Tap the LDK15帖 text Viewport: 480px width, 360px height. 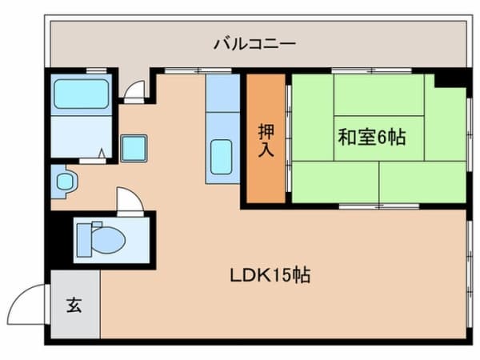coord(268,277)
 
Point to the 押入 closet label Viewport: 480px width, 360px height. coord(265,140)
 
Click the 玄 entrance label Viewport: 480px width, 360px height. coord(74,305)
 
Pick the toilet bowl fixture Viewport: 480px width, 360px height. coord(102,238)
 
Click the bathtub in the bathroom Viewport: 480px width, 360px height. coord(81,94)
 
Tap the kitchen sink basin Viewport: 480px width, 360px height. coord(221,155)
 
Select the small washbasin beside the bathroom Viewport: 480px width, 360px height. coord(64,182)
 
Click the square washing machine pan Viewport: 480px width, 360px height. coord(134,149)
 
